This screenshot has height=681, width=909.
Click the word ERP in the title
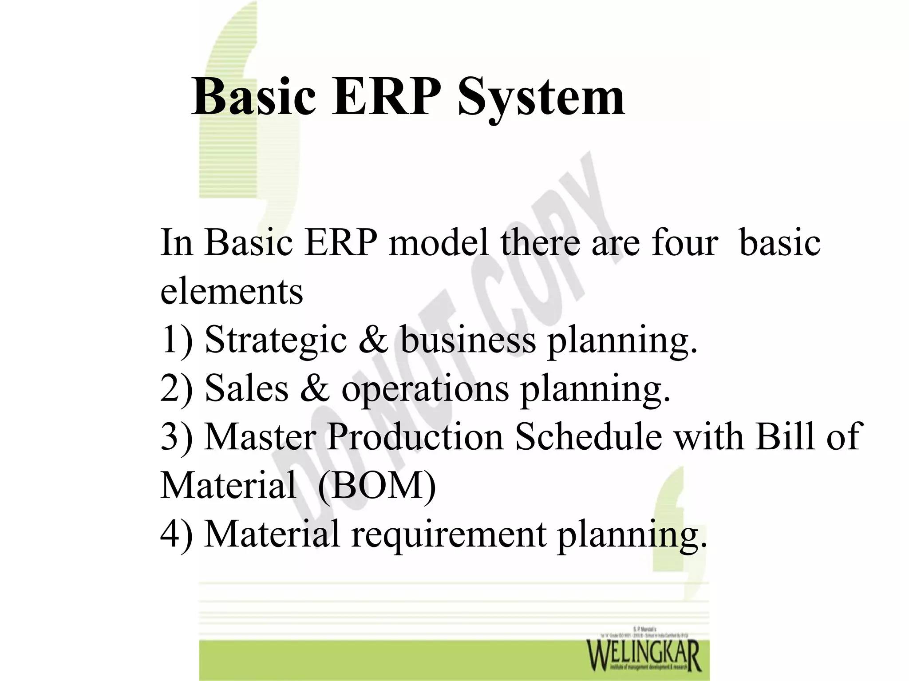click(386, 97)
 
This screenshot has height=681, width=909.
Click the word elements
click(231, 292)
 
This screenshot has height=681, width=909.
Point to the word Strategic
click(275, 340)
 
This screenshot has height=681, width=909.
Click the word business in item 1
click(468, 340)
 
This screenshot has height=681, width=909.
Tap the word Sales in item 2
click(246, 388)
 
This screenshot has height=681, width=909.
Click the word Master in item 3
click(261, 437)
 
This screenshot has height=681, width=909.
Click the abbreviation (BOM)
click(376, 486)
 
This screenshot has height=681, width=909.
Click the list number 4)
click(176, 534)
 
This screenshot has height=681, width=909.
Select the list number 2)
click(176, 388)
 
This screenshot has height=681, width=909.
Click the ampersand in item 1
click(373, 340)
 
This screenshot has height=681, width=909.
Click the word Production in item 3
click(415, 437)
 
